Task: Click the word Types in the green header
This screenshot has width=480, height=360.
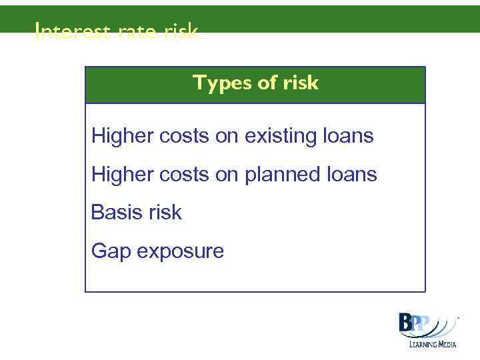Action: pyautogui.click(x=217, y=83)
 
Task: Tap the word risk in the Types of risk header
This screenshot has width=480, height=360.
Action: pyautogui.click(x=299, y=83)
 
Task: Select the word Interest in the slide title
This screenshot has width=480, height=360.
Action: pyautogui.click(x=63, y=31)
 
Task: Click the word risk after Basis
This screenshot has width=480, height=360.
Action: pyautogui.click(x=165, y=213)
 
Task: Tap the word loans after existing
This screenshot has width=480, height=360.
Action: pyautogui.click(x=349, y=137)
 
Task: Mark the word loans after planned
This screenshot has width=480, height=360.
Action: pyautogui.click(x=353, y=175)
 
